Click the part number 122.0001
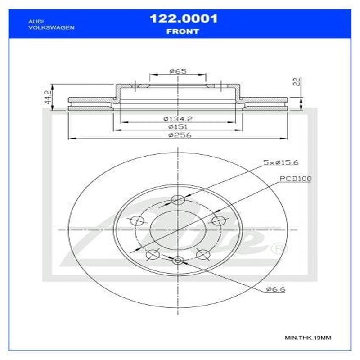click(183, 18)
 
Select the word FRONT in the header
click(183, 31)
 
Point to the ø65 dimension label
click(178, 71)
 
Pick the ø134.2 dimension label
click(178, 119)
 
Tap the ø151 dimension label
click(178, 127)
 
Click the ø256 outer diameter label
click(178, 136)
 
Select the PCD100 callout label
click(295, 179)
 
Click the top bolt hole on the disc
click(178, 200)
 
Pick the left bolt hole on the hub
click(137, 220)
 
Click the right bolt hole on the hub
click(219, 220)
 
